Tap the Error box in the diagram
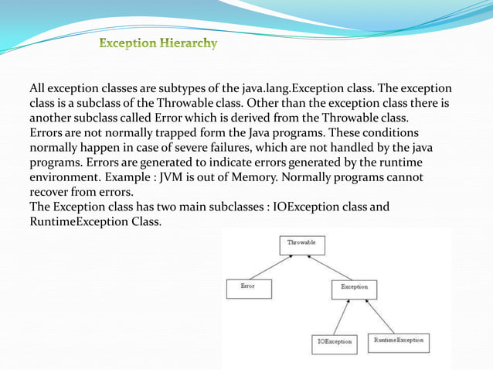[x=249, y=288]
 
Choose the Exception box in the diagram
[x=355, y=289]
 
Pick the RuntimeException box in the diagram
[x=399, y=341]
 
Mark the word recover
[x=53, y=191]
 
